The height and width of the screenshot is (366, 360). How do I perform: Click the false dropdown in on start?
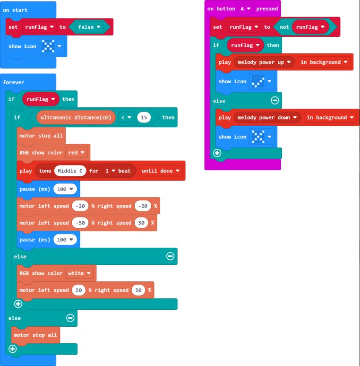[89, 27]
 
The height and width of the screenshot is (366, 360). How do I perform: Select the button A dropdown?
[245, 9]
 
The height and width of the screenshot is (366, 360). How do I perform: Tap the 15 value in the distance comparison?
[144, 117]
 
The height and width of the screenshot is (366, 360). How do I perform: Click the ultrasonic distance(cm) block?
[76, 117]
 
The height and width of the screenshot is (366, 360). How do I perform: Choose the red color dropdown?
[76, 153]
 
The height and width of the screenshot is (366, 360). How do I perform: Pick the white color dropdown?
[79, 273]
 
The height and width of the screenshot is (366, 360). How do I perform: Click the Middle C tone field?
[70, 171]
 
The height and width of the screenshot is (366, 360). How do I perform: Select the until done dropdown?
[161, 171]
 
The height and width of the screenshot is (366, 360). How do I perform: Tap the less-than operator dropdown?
[126, 117]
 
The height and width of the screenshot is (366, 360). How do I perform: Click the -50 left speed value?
[80, 223]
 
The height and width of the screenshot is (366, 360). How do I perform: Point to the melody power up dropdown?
[264, 62]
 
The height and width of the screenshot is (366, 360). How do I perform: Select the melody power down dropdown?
[267, 118]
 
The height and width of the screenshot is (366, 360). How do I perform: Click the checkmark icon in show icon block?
[258, 81]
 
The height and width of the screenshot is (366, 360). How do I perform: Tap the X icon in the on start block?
[48, 46]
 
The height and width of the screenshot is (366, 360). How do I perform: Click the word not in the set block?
[284, 27]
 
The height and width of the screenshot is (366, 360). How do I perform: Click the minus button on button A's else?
[274, 101]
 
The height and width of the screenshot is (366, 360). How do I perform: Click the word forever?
[14, 82]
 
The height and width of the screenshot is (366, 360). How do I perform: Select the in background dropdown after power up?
[324, 62]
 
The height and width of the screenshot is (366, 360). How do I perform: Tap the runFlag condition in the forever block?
[41, 99]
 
